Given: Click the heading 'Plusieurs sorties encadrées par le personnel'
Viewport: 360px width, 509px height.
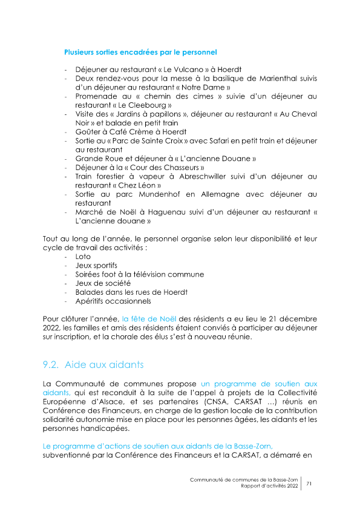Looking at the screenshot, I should [x=140, y=53].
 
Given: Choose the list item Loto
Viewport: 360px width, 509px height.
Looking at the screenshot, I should [x=83, y=257].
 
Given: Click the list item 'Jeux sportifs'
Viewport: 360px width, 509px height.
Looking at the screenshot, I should [x=96, y=266].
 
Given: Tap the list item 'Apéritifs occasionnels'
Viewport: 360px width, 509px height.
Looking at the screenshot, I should [x=113, y=301].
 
